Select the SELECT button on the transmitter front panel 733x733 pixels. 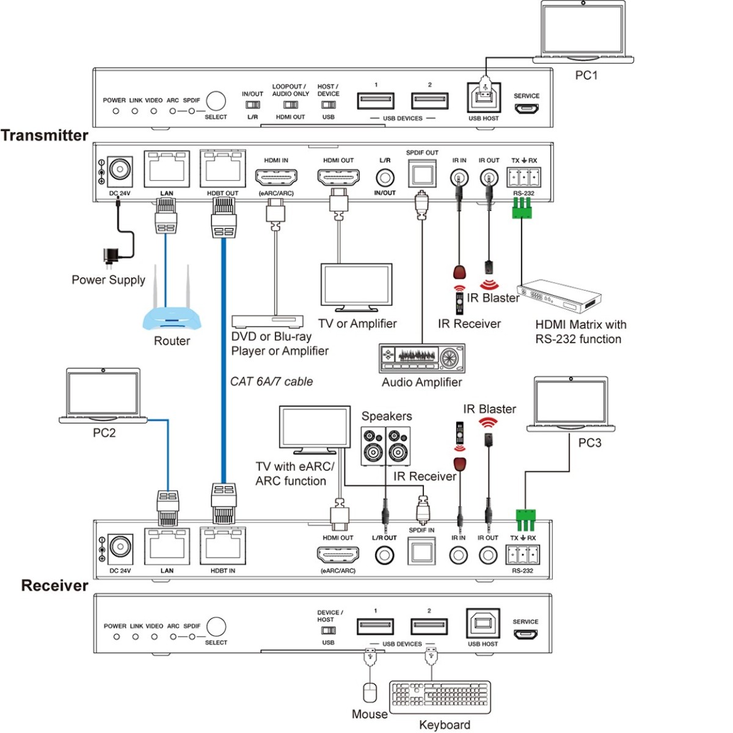216,101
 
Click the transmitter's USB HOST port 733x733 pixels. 484,98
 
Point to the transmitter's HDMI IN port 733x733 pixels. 276,177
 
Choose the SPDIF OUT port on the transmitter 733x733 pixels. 422,173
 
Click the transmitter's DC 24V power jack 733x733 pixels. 120,170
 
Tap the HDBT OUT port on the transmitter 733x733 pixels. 222,169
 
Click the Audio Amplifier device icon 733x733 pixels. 422,358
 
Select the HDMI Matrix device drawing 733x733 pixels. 560,298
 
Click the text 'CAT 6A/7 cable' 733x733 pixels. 271,381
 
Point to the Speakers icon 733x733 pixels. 385,447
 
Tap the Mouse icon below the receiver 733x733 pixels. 370,693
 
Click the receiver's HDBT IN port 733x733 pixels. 222,547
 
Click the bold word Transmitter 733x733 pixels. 45,135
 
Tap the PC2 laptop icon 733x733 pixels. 103,396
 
